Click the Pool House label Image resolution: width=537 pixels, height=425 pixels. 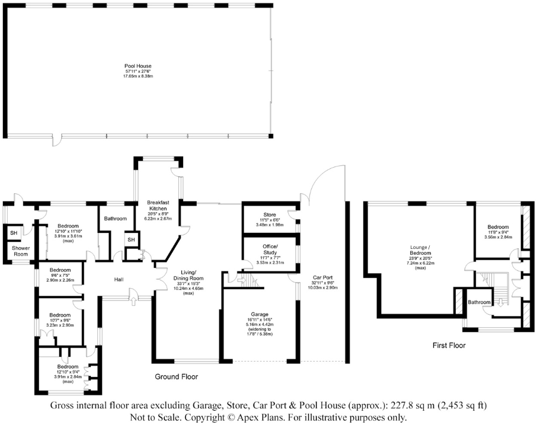tap(138, 66)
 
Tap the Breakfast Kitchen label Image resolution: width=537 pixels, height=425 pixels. tap(158, 206)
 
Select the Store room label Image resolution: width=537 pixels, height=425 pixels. tap(270, 215)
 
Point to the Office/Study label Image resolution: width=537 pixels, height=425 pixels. tap(270, 250)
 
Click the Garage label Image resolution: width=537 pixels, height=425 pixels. tap(260, 314)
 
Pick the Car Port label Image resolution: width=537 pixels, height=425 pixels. tap(322, 277)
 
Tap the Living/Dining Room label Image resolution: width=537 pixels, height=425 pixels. tap(188, 276)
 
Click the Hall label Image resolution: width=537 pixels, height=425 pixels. tap(119, 279)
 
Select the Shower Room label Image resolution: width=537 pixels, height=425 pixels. tap(21, 251)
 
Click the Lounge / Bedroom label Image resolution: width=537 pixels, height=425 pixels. tap(420, 250)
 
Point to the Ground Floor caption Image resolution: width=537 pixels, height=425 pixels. tap(177, 377)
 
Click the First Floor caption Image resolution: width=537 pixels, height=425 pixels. tap(449, 345)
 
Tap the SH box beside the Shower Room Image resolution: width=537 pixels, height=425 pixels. tap(14, 233)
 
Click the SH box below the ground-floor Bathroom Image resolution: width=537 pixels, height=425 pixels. tap(131, 239)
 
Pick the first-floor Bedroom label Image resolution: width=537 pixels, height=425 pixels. tap(498, 226)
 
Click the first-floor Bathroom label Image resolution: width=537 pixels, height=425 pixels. tap(479, 302)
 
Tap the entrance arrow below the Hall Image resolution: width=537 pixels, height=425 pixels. tap(133, 301)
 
